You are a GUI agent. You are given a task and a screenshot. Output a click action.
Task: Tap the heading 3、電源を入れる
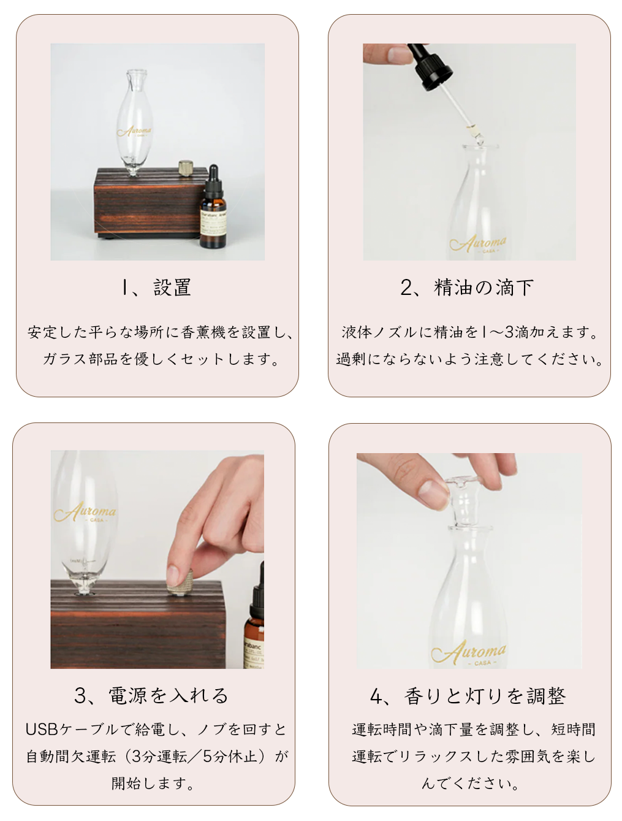click(151, 696)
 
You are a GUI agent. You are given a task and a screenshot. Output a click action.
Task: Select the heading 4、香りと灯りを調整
click(468, 696)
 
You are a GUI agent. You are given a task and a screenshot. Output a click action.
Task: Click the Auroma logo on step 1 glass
click(134, 131)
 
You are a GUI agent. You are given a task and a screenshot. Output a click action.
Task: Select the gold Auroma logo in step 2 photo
click(478, 244)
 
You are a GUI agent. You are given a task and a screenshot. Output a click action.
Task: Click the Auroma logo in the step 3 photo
click(85, 512)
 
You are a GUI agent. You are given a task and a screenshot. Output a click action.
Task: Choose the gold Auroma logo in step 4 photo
click(468, 652)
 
